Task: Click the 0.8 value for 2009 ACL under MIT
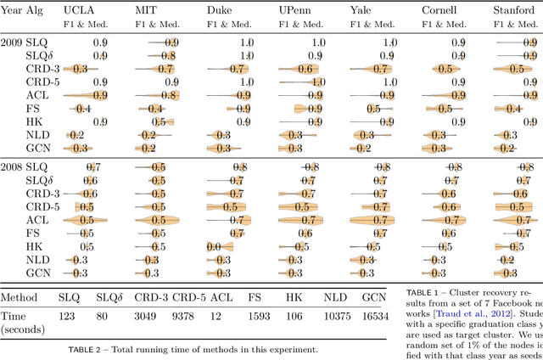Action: [168, 95]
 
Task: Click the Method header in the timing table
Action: [19, 298]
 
